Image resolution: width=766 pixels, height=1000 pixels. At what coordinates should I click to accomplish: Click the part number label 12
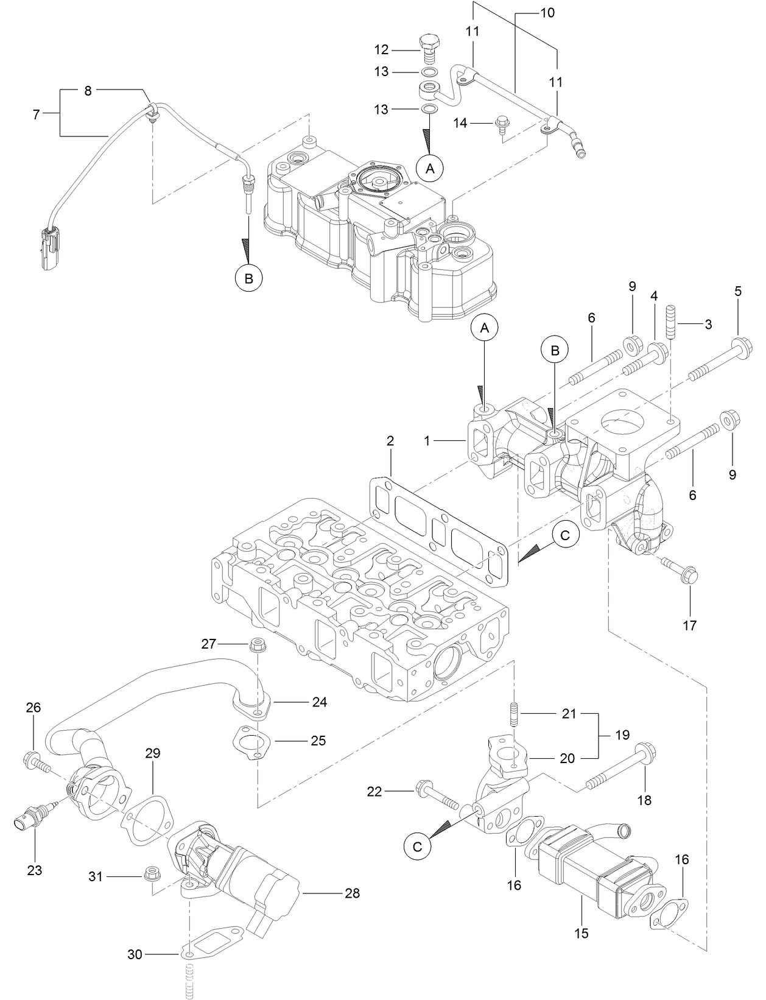tap(381, 49)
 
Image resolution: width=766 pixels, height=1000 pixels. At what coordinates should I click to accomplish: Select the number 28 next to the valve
tap(352, 893)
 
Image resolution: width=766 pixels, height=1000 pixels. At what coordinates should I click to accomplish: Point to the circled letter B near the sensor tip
tap(248, 278)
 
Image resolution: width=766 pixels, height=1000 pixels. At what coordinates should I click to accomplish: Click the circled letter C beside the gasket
tap(565, 535)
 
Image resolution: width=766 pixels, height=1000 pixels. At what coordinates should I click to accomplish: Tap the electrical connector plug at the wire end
tap(49, 247)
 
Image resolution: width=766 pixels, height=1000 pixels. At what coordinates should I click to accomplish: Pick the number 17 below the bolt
tap(690, 625)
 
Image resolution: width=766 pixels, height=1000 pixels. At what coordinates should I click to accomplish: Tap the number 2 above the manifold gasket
tap(390, 441)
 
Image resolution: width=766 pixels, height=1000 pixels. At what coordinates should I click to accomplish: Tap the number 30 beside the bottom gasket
tap(135, 954)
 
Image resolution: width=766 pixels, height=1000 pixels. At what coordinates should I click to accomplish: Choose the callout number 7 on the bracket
tap(36, 114)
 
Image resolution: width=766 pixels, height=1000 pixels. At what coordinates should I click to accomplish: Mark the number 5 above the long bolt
tap(738, 292)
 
